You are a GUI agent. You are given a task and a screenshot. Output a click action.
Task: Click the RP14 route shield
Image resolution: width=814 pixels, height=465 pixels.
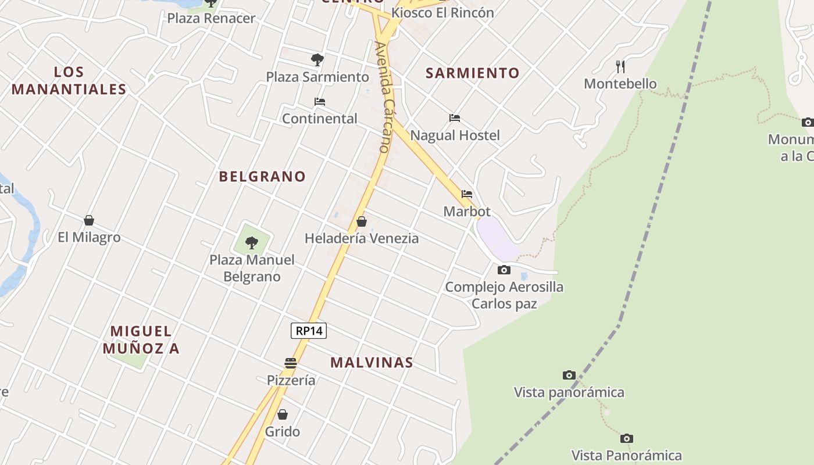(x=309, y=331)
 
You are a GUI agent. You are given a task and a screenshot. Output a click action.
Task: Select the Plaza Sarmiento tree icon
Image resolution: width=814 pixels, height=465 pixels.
(x=317, y=59)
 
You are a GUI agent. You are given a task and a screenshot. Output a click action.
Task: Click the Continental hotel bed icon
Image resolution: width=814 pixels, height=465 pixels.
(x=319, y=102)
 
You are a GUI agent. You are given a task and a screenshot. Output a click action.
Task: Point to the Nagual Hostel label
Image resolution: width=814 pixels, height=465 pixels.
(x=455, y=135)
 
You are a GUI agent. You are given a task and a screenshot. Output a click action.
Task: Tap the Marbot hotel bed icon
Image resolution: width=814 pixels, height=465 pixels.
(x=467, y=194)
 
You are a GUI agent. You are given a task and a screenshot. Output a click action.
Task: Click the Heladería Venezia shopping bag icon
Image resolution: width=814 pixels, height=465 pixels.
(x=362, y=221)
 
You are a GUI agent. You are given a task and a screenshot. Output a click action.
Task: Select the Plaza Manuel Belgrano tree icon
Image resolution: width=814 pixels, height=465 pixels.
(x=252, y=242)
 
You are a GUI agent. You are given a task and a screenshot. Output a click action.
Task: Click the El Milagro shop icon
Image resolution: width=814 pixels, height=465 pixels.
(x=89, y=220)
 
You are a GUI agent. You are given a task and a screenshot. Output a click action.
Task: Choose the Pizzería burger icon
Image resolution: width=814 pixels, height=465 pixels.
(x=291, y=363)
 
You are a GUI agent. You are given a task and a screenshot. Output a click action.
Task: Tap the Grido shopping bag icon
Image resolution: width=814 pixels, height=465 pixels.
(x=283, y=414)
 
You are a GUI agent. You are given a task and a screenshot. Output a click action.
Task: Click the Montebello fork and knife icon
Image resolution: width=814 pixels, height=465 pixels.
(x=620, y=67)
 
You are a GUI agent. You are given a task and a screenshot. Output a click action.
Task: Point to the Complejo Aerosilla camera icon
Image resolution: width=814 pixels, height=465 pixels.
(x=504, y=270)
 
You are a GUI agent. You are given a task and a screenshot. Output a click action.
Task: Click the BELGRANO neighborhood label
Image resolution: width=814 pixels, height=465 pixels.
(x=262, y=177)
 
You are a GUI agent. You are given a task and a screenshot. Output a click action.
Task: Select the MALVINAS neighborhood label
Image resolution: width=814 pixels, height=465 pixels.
(x=372, y=363)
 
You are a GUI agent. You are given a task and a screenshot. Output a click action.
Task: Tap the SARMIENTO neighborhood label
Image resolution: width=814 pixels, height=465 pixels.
(x=473, y=73)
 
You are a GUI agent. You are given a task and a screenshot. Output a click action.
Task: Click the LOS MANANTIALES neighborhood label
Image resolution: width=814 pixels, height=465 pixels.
(x=69, y=81)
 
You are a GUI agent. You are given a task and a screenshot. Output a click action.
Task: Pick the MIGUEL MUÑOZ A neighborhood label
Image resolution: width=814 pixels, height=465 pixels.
(x=141, y=340)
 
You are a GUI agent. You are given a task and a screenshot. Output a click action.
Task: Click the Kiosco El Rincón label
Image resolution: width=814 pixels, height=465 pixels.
(x=443, y=13)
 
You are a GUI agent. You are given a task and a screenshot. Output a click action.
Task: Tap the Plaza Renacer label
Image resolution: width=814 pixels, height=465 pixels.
(x=212, y=19)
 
